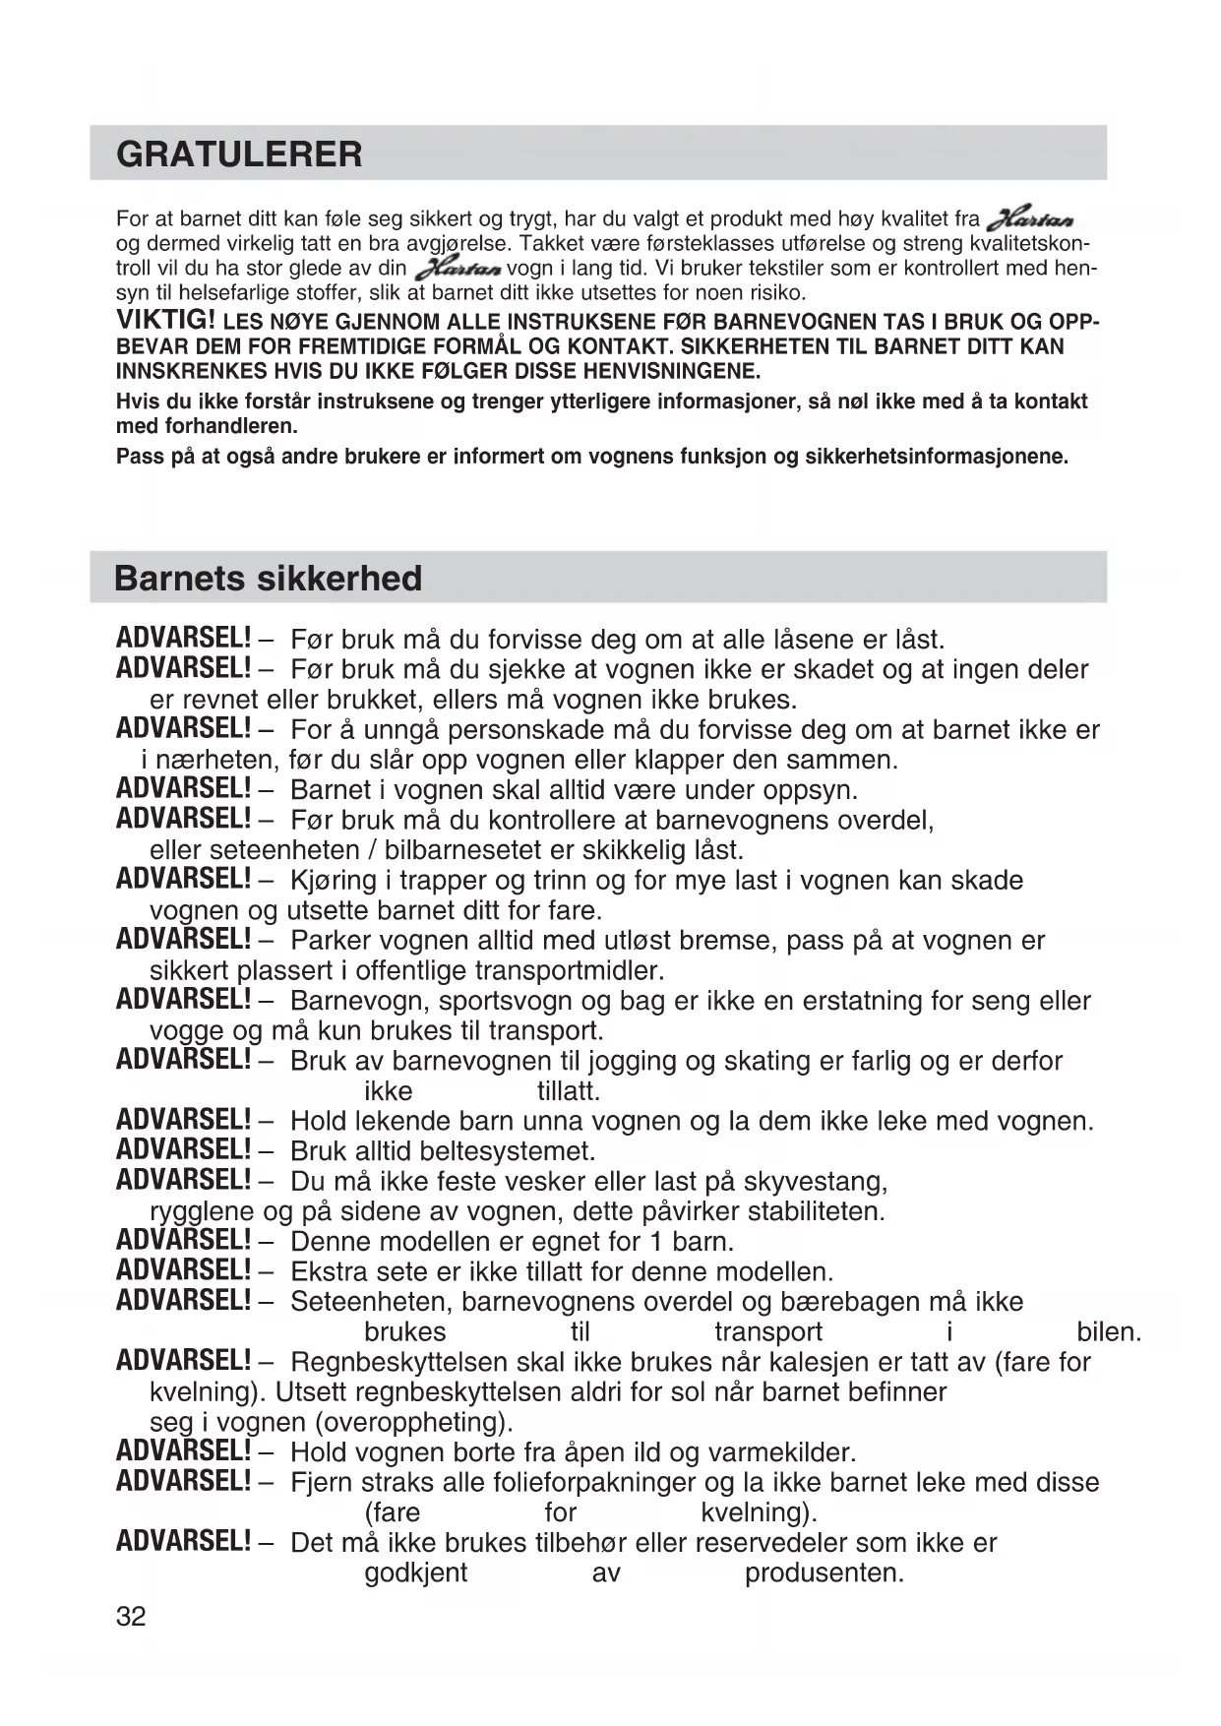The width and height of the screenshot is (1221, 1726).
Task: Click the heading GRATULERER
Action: coord(239,154)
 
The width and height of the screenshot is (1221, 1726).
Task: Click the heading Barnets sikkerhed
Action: coord(268,578)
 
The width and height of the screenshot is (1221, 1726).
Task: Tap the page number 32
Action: coord(131,1616)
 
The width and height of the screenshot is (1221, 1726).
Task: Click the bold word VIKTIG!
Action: coord(165,320)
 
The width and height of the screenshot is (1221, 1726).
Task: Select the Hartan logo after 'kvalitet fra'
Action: coord(1030,219)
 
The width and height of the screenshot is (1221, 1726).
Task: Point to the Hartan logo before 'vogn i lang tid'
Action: coord(458,269)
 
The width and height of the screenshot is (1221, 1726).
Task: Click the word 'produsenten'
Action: coord(824,1572)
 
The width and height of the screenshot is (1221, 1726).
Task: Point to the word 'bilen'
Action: coord(1108,1332)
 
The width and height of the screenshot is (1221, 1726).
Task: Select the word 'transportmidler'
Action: coord(569,970)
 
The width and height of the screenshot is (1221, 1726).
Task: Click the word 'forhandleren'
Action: coord(236,426)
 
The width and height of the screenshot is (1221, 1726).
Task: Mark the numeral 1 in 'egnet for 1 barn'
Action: coord(656,1242)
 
